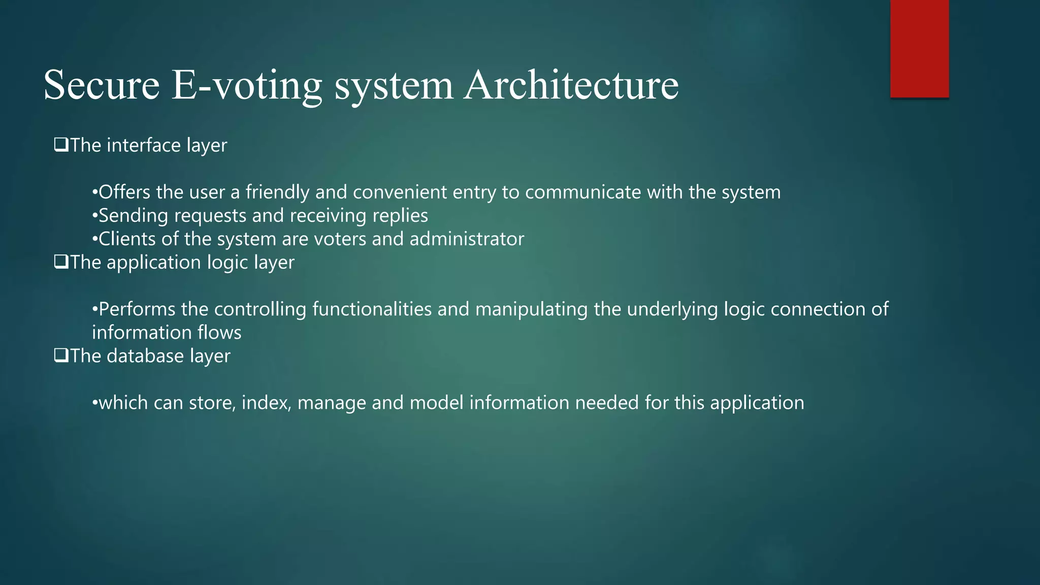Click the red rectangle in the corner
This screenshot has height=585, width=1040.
pyautogui.click(x=919, y=49)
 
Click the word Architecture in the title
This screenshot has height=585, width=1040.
pyautogui.click(x=571, y=85)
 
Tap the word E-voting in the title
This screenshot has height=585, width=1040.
pyautogui.click(x=247, y=85)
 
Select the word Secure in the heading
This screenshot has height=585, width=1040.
pyautogui.click(x=102, y=85)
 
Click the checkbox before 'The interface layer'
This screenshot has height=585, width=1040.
pyautogui.click(x=61, y=145)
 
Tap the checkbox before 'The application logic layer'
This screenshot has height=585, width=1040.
pyautogui.click(x=61, y=262)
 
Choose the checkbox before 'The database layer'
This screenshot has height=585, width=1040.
pyautogui.click(x=61, y=355)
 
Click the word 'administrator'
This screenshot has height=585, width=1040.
pyautogui.click(x=467, y=239)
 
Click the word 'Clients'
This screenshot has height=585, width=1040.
pyautogui.click(x=126, y=239)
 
